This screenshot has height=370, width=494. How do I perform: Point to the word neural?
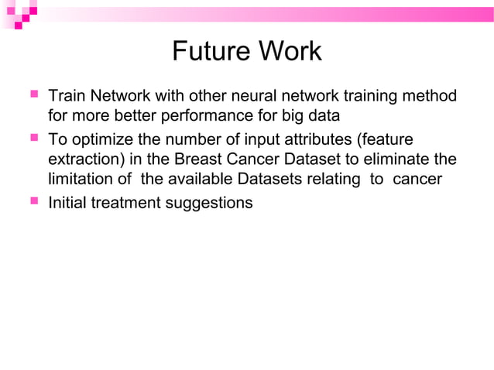(x=273, y=97)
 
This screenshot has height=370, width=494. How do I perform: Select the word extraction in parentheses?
(x=80, y=160)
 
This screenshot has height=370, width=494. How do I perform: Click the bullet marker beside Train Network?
(x=34, y=96)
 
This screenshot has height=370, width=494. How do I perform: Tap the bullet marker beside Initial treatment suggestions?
(x=34, y=202)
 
